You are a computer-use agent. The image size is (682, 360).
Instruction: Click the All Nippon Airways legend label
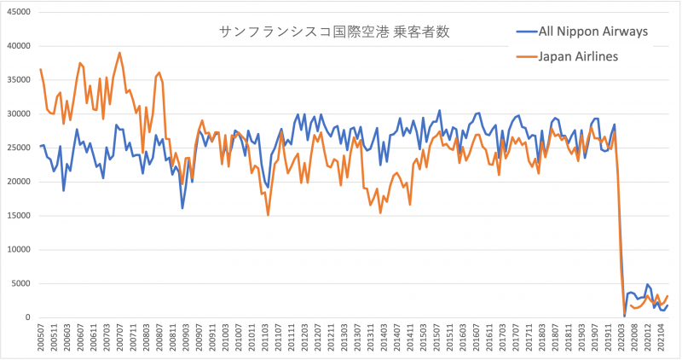(594, 32)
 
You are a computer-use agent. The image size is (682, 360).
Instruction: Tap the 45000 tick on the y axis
(17, 12)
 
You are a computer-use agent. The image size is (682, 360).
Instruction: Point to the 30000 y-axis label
(17, 113)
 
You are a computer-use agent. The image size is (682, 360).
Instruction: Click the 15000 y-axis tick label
(17, 216)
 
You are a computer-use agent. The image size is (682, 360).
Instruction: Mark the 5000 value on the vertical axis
(20, 284)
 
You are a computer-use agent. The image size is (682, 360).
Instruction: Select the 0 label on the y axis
(27, 318)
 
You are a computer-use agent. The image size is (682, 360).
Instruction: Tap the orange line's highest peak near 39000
(119, 53)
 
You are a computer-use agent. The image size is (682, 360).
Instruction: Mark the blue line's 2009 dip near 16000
(182, 207)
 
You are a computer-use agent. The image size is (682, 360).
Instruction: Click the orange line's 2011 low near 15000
(269, 215)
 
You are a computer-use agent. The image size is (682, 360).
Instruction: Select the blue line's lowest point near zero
(624, 316)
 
